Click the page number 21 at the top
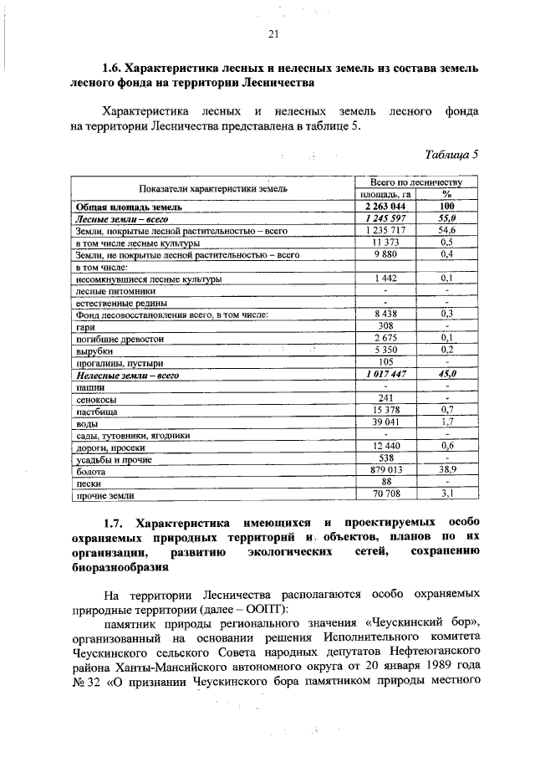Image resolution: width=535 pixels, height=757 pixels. pyautogui.click(x=273, y=34)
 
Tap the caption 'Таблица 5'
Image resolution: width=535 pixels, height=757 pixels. pyautogui.click(x=451, y=155)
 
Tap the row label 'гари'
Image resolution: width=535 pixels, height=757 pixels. pyautogui.click(x=84, y=327)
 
